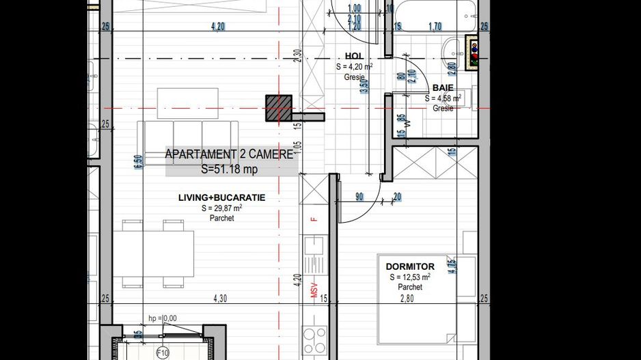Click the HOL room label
[x=353, y=57]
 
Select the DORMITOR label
[x=410, y=266]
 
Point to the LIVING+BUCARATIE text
[x=221, y=198]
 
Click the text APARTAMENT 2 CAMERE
[x=229, y=155]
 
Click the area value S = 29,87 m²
[x=221, y=208]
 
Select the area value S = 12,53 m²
[x=410, y=277]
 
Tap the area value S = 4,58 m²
[x=443, y=98]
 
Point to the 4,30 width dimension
[x=219, y=299]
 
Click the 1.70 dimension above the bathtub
[x=435, y=27]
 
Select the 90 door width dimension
[x=359, y=197]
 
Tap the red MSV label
[x=315, y=291]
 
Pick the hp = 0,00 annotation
[x=163, y=318]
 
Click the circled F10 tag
[x=163, y=352]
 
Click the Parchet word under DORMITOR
[x=410, y=288]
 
